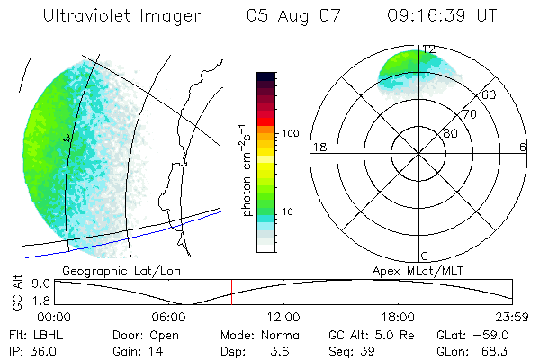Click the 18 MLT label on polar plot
[318, 147]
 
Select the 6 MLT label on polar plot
[523, 147]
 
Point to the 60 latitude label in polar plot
[490, 94]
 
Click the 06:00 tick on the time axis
[169, 317]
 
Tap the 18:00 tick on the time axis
[398, 317]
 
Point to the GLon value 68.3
[492, 350]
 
